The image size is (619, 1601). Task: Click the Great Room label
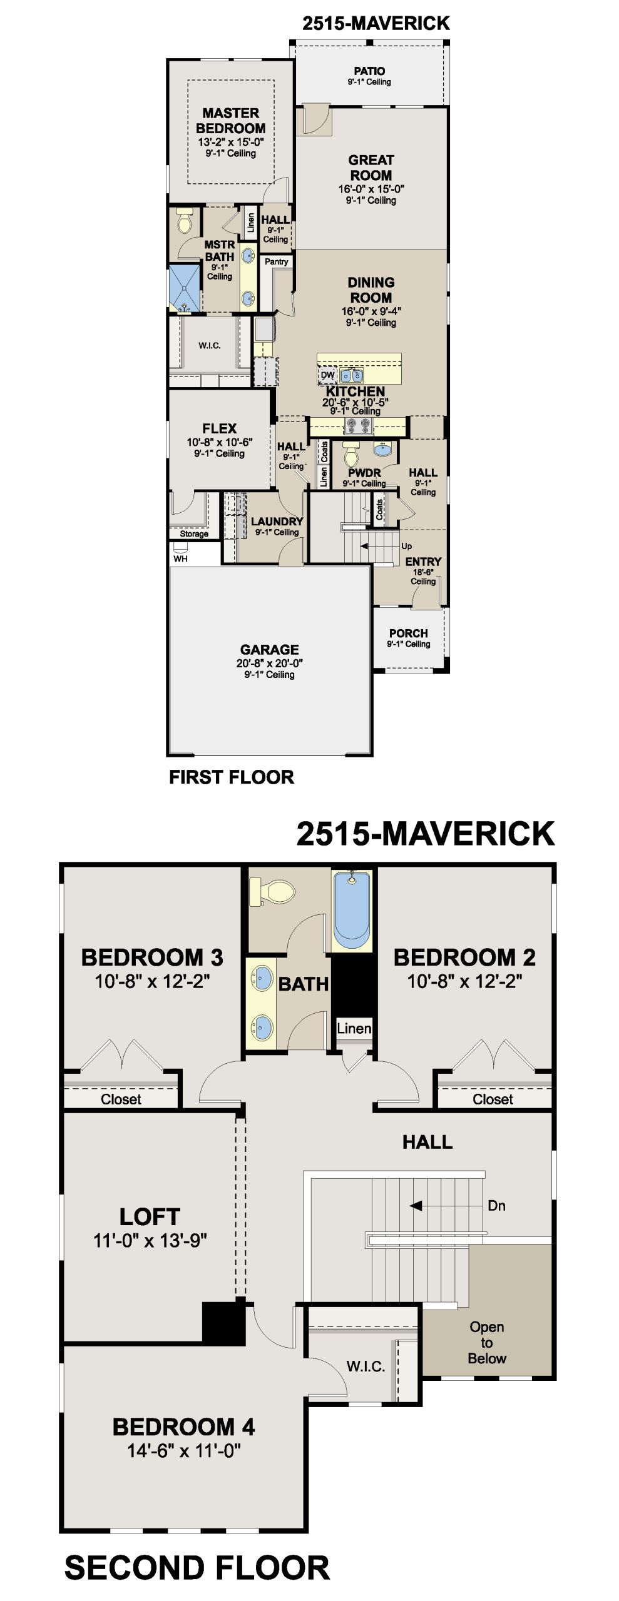point(371,168)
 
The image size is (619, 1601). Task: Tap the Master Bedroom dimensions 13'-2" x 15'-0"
point(231,142)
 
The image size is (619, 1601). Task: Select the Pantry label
point(276,261)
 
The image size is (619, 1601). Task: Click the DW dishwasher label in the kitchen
point(328,375)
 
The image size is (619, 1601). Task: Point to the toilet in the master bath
point(185,220)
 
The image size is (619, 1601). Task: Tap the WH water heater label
point(180,558)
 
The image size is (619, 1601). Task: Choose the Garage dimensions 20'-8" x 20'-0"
point(270,663)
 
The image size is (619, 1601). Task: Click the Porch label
point(409,633)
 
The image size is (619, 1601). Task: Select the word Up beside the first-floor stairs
point(407,546)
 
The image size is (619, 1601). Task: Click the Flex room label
point(220,428)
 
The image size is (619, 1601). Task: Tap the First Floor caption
point(232,777)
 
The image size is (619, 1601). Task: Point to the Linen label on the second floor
point(354,1028)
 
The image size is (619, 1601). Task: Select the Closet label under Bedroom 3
point(121,1099)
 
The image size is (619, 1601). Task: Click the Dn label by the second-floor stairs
point(496,1206)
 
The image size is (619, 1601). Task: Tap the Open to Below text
point(487,1342)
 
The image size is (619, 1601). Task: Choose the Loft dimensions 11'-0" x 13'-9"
point(150,1240)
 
